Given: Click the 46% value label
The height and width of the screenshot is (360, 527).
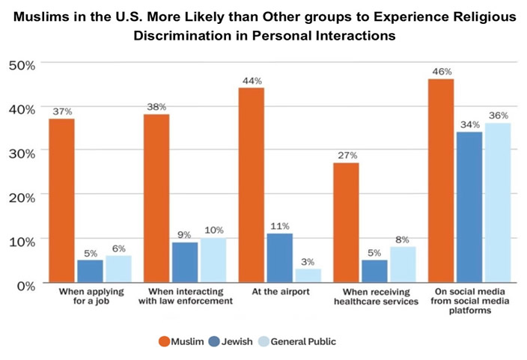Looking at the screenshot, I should [441, 71].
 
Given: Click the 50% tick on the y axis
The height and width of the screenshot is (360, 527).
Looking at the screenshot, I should [22, 65].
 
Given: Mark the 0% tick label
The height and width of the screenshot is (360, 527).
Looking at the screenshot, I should [24, 284].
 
